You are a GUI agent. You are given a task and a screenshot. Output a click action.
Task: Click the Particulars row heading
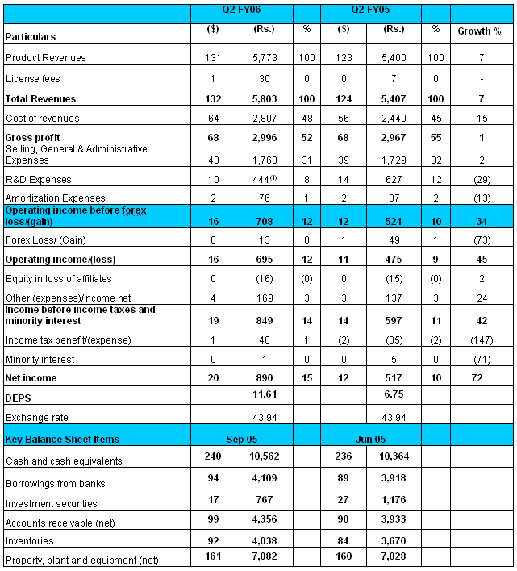pyautogui.click(x=31, y=37)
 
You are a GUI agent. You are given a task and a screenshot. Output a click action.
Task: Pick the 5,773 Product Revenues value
pyautogui.click(x=258, y=58)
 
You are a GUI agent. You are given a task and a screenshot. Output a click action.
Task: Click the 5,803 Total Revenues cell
pyautogui.click(x=258, y=98)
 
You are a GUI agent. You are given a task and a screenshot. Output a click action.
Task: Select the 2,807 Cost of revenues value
pyautogui.click(x=258, y=119)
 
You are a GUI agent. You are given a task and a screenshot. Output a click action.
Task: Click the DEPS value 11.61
pyautogui.click(x=258, y=398)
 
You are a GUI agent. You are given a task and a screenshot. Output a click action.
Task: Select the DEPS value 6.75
pyautogui.click(x=390, y=398)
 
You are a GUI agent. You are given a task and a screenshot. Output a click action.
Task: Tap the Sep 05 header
pyautogui.click(x=241, y=439)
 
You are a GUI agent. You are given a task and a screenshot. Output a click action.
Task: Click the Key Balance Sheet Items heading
pyautogui.click(x=62, y=439)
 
